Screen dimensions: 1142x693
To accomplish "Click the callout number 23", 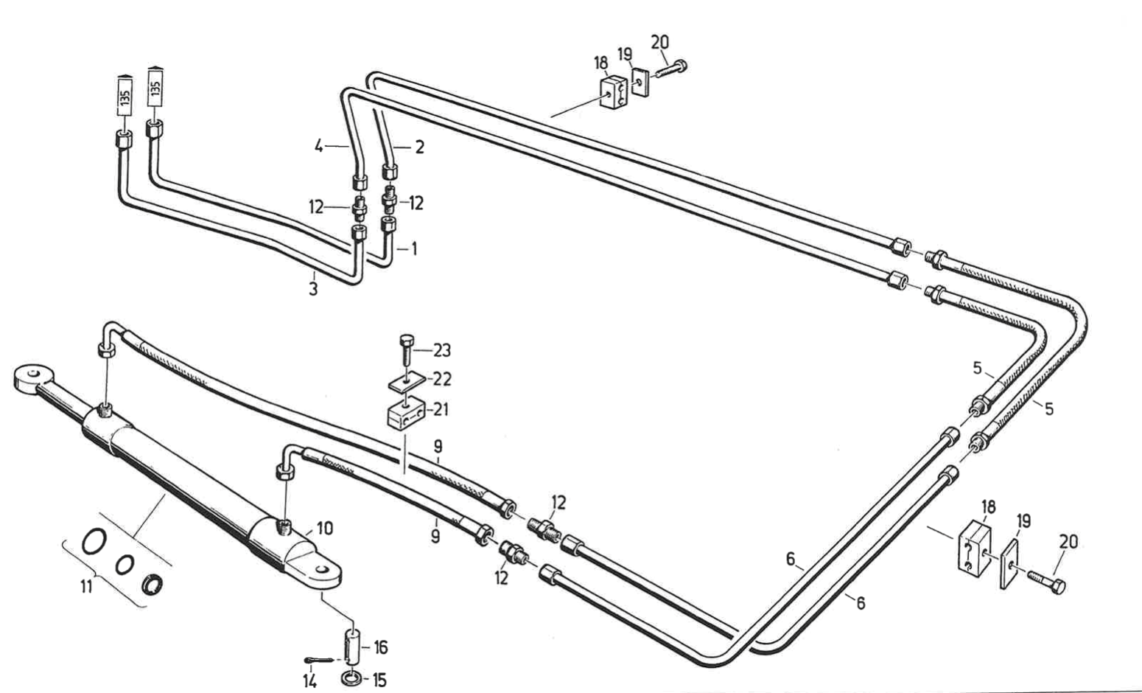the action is point(442,350).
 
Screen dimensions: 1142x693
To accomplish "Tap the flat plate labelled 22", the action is point(406,380).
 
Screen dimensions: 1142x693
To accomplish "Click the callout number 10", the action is point(325,528).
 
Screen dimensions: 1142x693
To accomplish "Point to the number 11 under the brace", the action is point(87,587).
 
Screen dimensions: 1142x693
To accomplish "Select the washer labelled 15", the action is point(351,679).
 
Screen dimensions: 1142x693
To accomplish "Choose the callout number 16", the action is point(381,647).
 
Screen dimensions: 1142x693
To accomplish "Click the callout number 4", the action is point(318,147).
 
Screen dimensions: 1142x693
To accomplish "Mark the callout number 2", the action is point(419,147).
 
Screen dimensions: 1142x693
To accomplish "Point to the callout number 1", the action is point(414,249).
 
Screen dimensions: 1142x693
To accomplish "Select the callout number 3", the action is point(313,289).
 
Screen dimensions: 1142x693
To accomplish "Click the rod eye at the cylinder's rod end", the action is point(32,378).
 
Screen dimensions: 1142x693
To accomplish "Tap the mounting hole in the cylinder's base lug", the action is point(321,568).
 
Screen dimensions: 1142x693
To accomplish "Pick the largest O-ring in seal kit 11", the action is point(94,541).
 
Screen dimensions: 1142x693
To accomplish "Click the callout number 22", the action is point(442,379).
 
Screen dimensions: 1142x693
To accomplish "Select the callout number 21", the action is point(441,409).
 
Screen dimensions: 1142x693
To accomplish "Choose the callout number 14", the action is point(310,681).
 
